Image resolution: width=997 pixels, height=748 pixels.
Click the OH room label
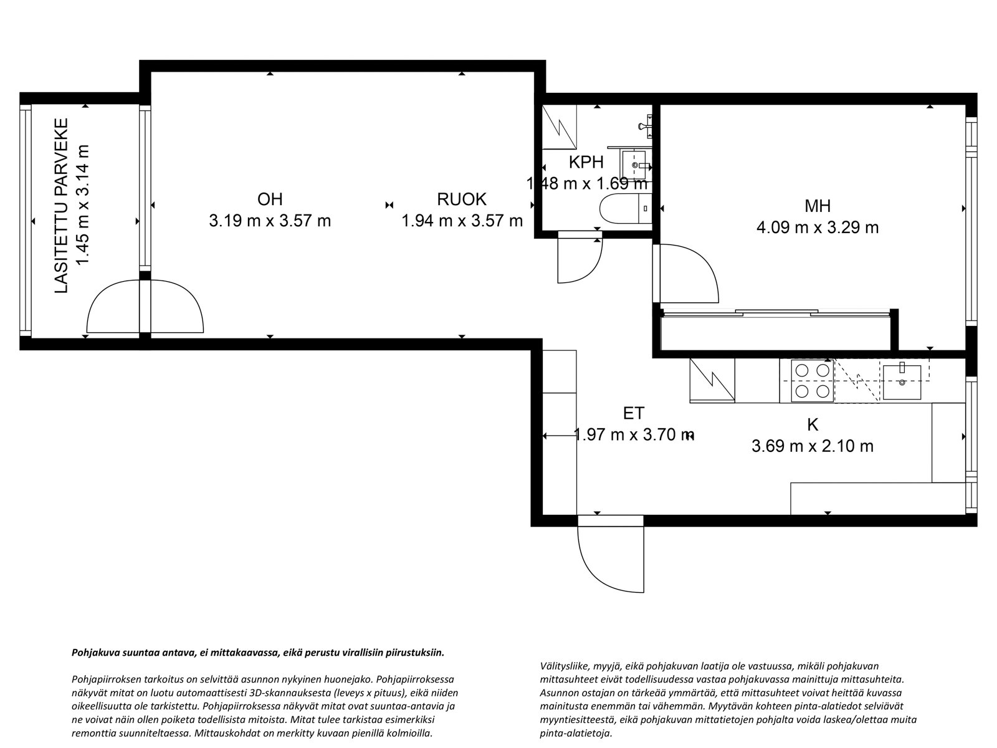(270, 199)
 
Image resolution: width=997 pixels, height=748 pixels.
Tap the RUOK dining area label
(461, 199)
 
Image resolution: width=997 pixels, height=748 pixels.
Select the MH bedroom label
(818, 206)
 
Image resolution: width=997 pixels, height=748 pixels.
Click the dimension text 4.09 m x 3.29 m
(818, 228)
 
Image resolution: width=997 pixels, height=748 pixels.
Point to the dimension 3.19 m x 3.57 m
(270, 221)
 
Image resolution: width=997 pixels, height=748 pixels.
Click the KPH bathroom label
(586, 163)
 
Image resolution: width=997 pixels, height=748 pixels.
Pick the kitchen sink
(902, 381)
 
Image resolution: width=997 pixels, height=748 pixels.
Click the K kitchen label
(813, 425)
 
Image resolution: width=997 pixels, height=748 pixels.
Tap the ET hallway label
(633, 413)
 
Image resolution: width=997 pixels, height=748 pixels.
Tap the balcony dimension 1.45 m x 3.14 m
(83, 206)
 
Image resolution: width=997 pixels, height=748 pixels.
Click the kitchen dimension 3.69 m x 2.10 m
(813, 446)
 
